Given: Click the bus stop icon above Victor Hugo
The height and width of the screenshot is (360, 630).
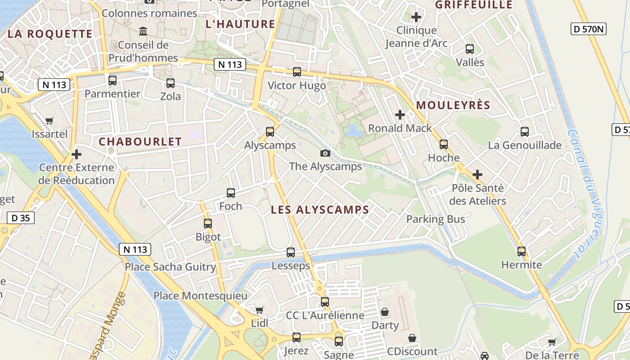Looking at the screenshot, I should (297, 72).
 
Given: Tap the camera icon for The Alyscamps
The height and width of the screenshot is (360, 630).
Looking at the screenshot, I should (325, 153).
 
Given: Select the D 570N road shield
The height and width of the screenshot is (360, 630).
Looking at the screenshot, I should (589, 29).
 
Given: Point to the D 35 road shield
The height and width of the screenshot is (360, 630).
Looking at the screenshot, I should (21, 218).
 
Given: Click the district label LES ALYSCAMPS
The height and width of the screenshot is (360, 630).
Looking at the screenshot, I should (320, 210).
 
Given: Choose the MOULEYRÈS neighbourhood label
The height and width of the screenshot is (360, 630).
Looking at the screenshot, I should (453, 105).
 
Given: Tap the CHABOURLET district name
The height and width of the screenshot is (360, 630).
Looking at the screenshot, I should (140, 142).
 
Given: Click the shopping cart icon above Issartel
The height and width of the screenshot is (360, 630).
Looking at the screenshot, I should (49, 121).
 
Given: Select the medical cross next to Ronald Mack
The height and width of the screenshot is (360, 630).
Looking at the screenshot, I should (400, 115).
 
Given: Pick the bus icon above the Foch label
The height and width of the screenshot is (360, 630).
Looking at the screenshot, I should (231, 193).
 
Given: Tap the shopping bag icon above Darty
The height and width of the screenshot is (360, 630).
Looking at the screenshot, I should (385, 312).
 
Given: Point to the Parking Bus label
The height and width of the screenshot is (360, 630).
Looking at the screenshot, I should (436, 219).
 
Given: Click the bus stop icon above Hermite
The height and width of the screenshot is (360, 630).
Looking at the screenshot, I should (522, 252).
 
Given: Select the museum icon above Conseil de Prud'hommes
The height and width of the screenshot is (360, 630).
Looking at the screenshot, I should (144, 31).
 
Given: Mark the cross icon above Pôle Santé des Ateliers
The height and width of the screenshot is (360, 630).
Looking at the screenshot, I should (477, 174).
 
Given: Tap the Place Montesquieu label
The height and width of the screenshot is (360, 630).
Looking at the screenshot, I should (200, 296).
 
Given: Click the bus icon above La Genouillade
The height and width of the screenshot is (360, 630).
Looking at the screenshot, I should (525, 132).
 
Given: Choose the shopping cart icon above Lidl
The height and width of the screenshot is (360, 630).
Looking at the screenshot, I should (259, 310).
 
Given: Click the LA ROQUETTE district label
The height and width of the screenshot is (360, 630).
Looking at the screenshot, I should (50, 34).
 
